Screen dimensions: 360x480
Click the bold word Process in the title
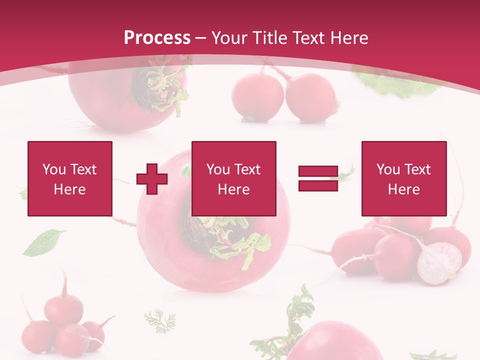point(157,38)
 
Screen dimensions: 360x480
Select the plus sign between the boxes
point(152,178)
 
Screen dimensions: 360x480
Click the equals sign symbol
point(318,178)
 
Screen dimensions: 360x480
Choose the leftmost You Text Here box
point(69,178)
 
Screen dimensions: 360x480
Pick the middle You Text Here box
point(233,178)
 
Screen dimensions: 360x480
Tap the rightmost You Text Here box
point(403,178)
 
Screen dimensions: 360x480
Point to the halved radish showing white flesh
point(439,263)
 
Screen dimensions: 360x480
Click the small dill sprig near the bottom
point(160,320)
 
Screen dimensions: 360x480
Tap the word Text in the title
point(308,38)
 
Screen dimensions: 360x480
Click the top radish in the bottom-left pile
point(63,307)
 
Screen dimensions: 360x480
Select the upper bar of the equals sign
point(318,171)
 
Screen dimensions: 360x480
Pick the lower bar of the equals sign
point(318,186)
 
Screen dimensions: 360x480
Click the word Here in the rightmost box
point(403,189)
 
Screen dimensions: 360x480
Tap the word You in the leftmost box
point(54,169)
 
